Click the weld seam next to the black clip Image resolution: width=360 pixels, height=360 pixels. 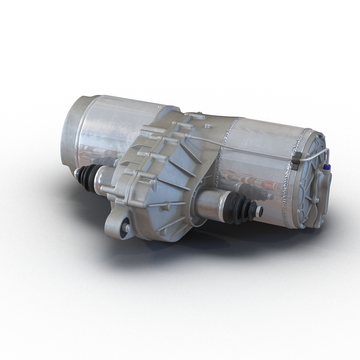coord(288,180)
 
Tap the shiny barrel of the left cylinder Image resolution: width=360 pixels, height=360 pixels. coord(117,126)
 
